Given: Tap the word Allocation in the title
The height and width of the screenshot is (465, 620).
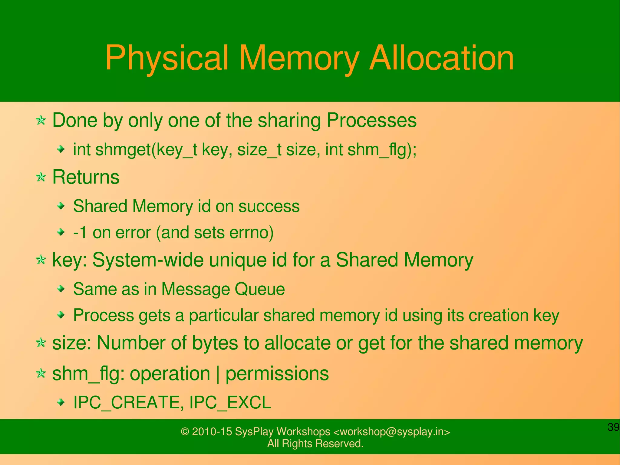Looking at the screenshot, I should (x=442, y=58).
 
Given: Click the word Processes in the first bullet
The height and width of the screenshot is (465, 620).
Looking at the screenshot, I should (x=371, y=120).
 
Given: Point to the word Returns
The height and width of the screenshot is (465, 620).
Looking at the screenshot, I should (x=86, y=177).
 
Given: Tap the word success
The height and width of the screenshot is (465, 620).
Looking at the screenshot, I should (x=269, y=206).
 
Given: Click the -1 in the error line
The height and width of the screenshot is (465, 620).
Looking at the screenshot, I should (x=80, y=233).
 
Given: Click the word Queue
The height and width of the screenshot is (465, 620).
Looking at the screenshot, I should (x=260, y=289).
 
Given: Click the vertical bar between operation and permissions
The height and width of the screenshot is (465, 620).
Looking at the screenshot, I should (x=218, y=374).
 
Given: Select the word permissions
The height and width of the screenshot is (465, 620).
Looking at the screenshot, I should (x=277, y=374).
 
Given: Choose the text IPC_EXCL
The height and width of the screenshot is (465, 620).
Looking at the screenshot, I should (x=230, y=403).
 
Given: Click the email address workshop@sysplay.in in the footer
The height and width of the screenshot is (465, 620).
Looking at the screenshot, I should (x=391, y=431).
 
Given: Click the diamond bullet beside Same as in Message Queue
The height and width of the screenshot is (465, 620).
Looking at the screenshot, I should (x=61, y=289).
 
